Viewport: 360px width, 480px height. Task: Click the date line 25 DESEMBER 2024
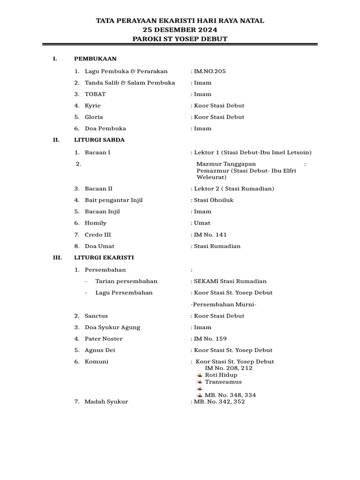[180, 30]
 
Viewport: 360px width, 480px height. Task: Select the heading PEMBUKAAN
[95, 59]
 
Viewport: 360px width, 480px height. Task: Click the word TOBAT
[95, 94]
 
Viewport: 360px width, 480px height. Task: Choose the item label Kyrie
[93, 105]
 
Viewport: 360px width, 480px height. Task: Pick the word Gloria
[94, 117]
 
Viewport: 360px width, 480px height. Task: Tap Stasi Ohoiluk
[214, 200]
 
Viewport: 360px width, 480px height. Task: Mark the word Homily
[96, 223]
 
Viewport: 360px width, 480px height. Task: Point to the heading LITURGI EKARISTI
[104, 257]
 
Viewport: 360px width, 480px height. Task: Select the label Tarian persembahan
[126, 281]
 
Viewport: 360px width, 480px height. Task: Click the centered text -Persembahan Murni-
[224, 304]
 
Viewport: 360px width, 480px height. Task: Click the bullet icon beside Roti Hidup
[200, 375]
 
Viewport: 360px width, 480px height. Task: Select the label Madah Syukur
[106, 402]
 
